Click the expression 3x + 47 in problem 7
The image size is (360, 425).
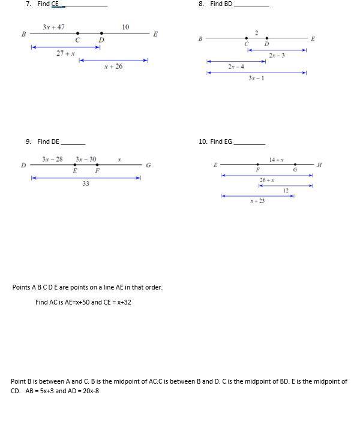(x=54, y=27)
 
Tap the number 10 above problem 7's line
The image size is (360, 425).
(x=125, y=27)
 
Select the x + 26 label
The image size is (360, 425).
(x=113, y=67)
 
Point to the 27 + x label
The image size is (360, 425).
(x=65, y=53)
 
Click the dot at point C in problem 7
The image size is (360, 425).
(x=77, y=34)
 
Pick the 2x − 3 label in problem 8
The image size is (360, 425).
(x=277, y=55)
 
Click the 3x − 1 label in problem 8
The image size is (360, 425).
(x=256, y=78)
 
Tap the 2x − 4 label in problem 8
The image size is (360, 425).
(x=236, y=67)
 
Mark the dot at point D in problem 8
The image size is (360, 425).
(x=267, y=38)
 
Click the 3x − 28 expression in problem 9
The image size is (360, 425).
(x=53, y=159)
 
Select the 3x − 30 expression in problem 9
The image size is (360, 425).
(x=86, y=159)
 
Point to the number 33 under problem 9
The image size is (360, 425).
(x=86, y=183)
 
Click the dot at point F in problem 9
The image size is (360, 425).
(x=97, y=164)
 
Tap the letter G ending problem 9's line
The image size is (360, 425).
(x=148, y=165)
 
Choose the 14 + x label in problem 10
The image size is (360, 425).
(x=277, y=159)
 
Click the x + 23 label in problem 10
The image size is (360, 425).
(x=257, y=201)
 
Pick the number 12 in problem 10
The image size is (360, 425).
(x=286, y=191)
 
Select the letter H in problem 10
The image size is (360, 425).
(x=319, y=165)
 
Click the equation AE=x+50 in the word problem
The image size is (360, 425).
(x=83, y=302)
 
